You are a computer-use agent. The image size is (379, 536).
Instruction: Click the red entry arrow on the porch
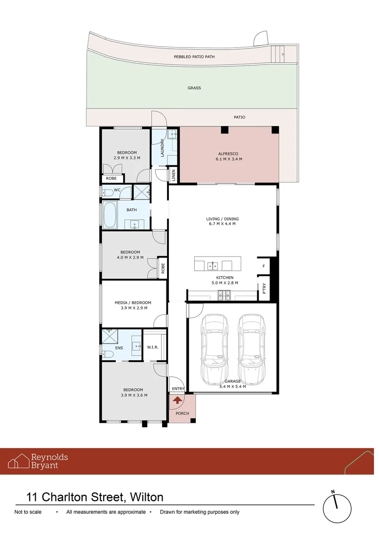point(177,400)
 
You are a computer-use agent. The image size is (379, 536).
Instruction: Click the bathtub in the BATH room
point(109,215)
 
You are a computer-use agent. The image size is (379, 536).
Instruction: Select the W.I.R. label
point(153,347)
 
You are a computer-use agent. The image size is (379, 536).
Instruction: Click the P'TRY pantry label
point(264,288)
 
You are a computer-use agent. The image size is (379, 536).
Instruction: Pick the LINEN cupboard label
point(173,175)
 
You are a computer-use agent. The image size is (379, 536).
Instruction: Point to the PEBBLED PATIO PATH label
point(194,57)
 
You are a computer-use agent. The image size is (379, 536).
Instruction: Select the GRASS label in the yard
point(194,88)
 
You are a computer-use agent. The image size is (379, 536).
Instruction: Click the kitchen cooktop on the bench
point(224,296)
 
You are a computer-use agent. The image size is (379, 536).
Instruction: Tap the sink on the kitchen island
point(213,265)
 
